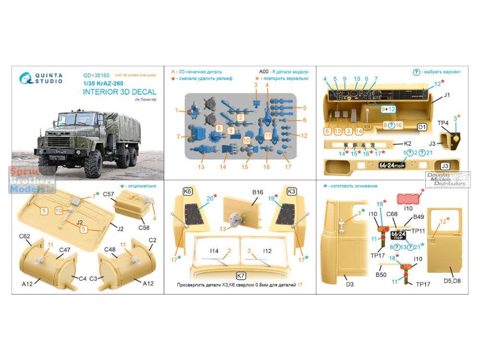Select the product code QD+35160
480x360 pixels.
click(x=96, y=75)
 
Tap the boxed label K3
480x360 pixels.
click(x=292, y=191)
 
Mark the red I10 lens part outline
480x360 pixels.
click(x=409, y=199)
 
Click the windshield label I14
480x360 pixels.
click(x=214, y=251)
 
